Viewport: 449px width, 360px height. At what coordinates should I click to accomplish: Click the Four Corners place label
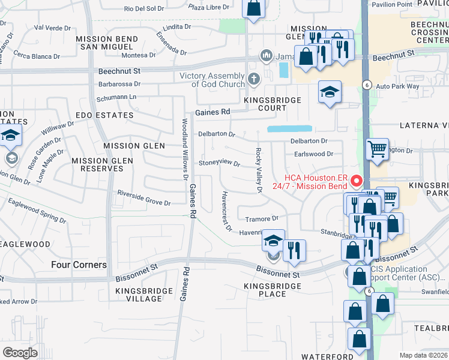79,265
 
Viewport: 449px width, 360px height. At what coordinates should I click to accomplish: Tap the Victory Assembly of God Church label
212,80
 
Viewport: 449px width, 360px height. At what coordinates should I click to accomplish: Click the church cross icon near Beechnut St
254,79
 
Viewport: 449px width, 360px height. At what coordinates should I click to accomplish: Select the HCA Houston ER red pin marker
356,180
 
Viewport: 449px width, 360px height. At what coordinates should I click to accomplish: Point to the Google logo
20,352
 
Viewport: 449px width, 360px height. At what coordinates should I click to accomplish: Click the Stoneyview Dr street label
220,163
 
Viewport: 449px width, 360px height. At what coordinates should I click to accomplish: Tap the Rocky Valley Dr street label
259,170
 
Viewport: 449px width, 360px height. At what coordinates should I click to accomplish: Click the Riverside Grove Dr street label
144,199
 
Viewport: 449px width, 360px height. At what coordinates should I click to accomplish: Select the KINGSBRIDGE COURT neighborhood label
265,103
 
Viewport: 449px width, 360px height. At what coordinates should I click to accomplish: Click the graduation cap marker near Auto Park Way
329,92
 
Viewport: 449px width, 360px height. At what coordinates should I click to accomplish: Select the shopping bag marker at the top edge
254,8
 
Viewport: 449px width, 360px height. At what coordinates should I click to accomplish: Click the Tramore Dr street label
266,218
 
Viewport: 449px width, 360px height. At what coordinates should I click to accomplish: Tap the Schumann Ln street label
116,97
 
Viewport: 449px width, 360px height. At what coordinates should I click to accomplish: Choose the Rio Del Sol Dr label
143,8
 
